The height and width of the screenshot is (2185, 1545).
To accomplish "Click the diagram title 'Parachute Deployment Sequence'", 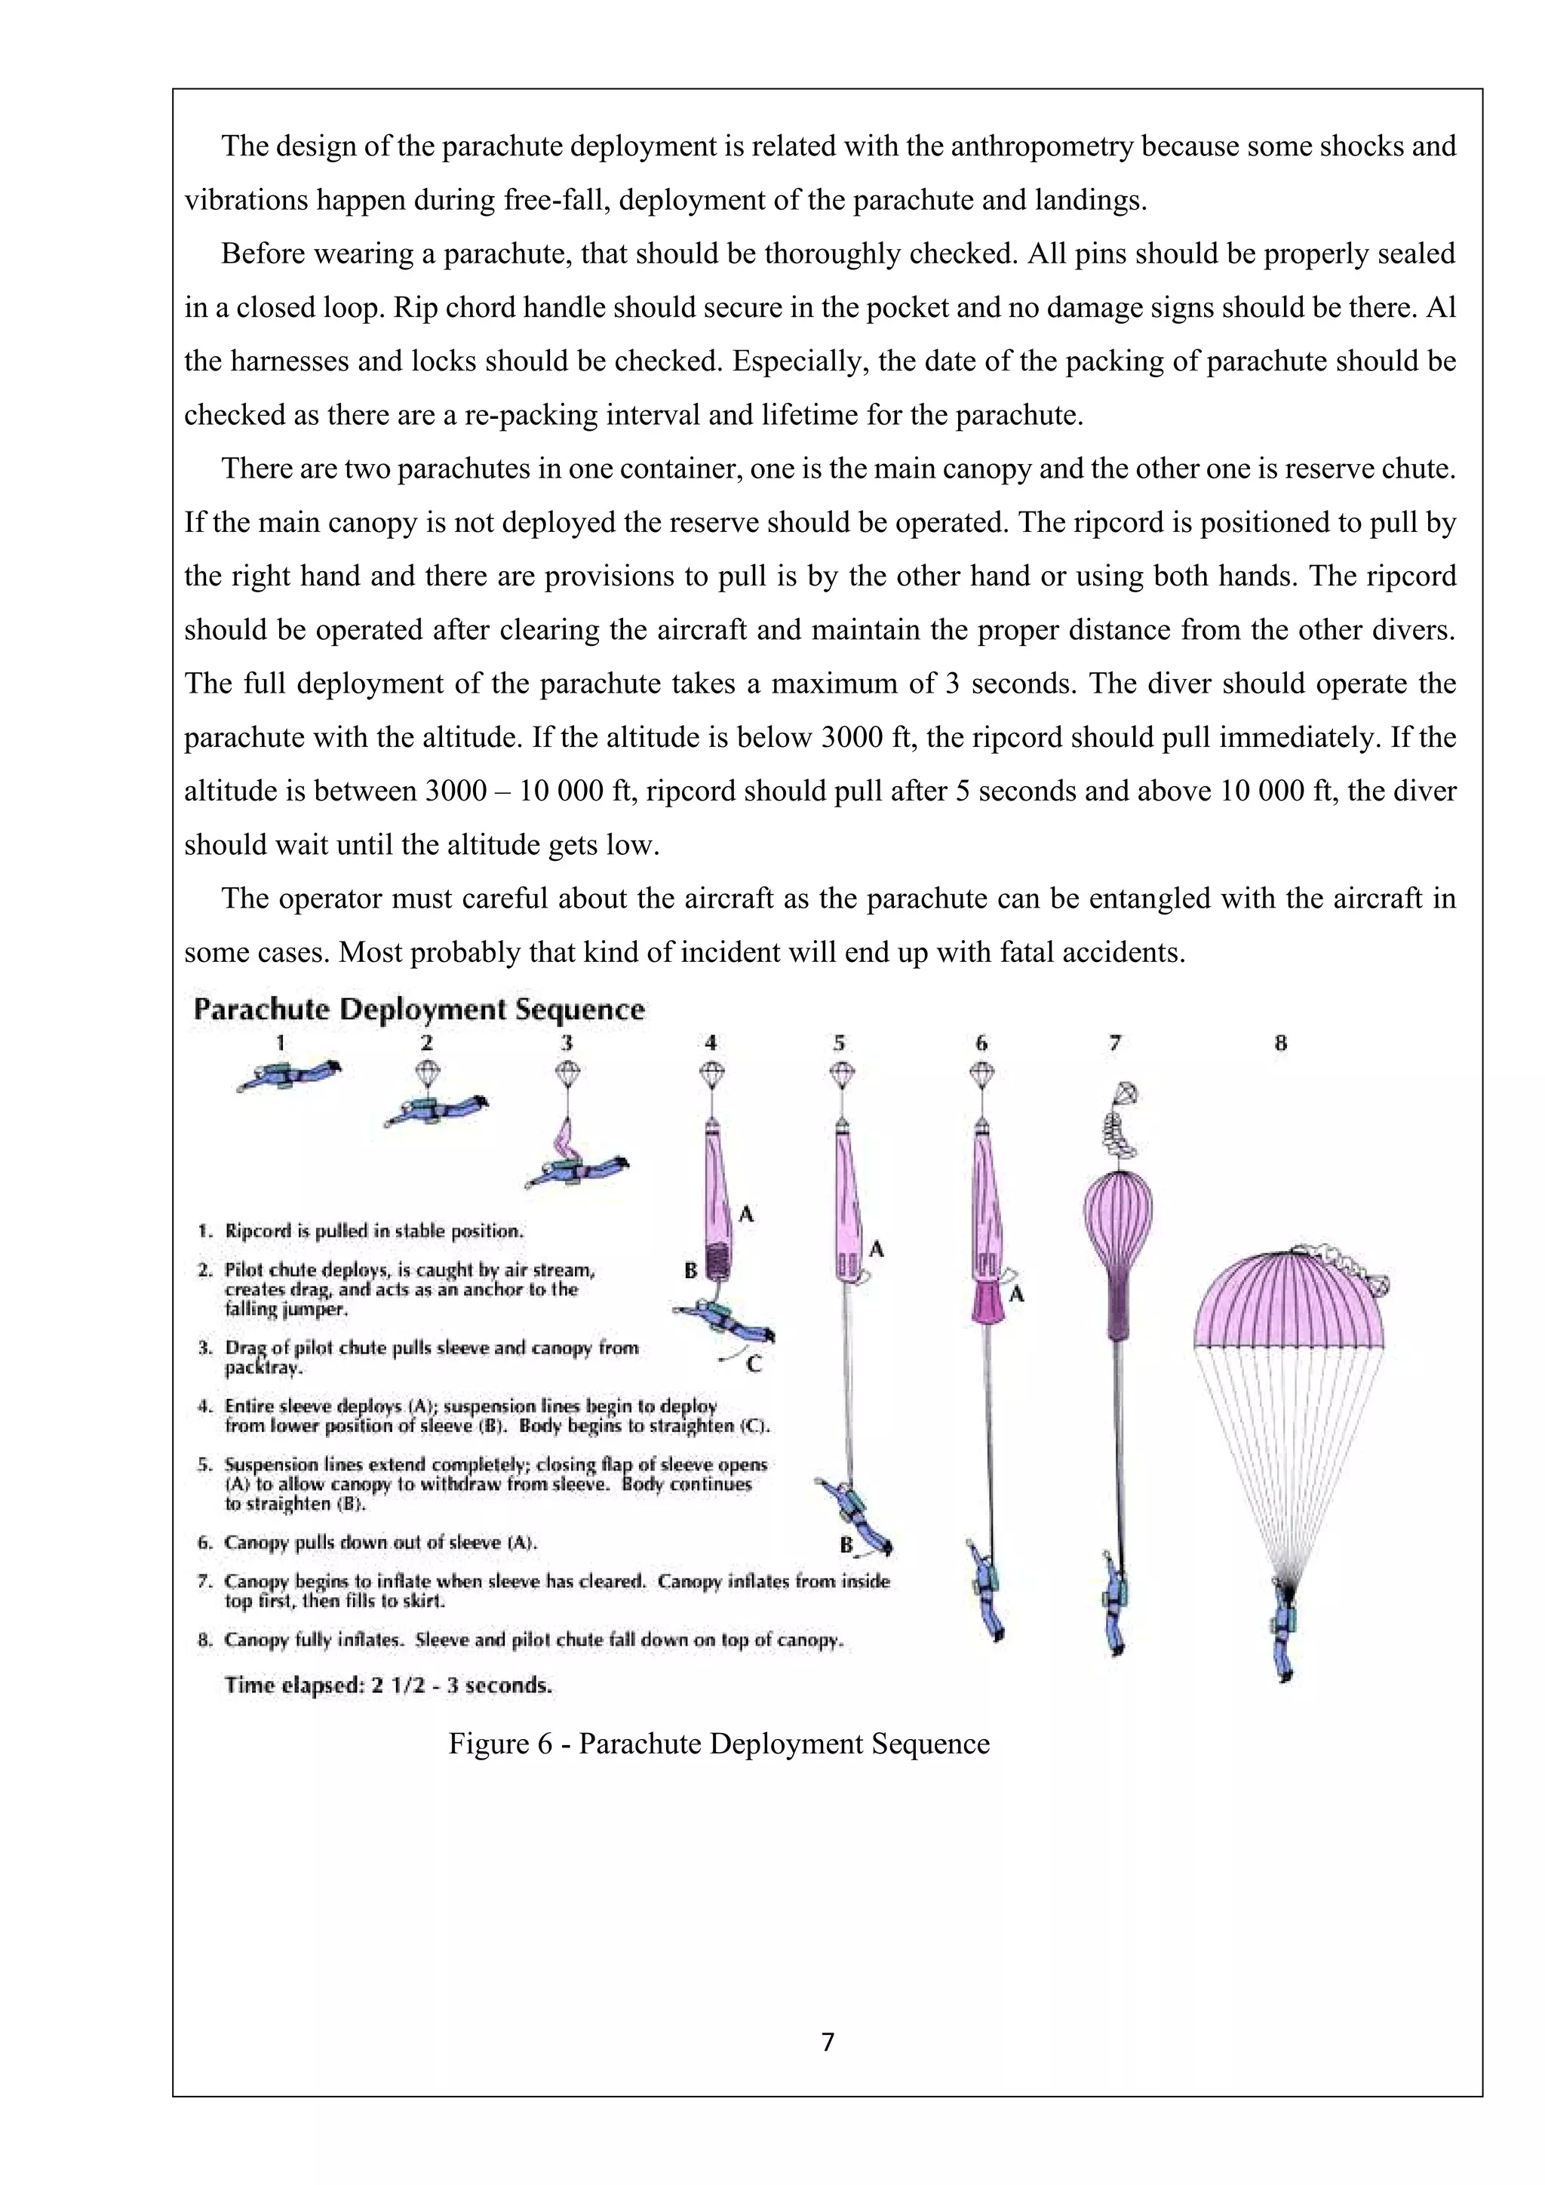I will (419, 1010).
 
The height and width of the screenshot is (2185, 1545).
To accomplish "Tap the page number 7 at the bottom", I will (827, 2042).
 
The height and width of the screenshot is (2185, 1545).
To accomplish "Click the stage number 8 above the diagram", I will (1280, 1043).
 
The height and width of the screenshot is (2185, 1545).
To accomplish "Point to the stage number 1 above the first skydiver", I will (281, 1043).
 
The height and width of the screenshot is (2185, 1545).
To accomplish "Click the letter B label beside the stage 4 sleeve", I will (691, 1271).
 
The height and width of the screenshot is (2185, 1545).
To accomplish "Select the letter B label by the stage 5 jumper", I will (846, 1544).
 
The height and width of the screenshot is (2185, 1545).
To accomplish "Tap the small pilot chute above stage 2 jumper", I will (427, 1073).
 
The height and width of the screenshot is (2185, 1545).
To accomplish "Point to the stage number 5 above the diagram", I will (839, 1043).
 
